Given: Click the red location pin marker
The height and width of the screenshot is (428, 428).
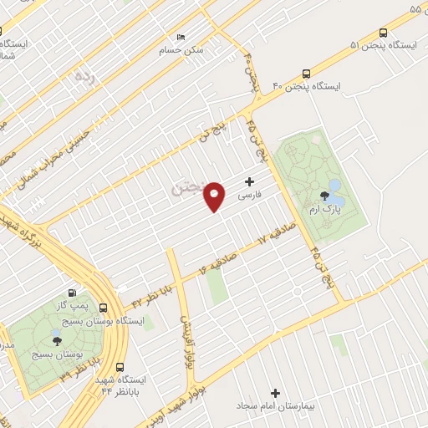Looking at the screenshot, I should click(x=215, y=196).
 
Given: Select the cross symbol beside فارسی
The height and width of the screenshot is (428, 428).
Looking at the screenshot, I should click(x=250, y=181).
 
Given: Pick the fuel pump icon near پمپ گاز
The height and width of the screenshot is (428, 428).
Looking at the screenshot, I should click(x=73, y=293).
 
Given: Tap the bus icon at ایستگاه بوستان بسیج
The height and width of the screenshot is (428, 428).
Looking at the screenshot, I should click(x=104, y=308).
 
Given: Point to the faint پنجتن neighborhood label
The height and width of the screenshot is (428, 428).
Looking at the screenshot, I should click(x=188, y=187).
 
